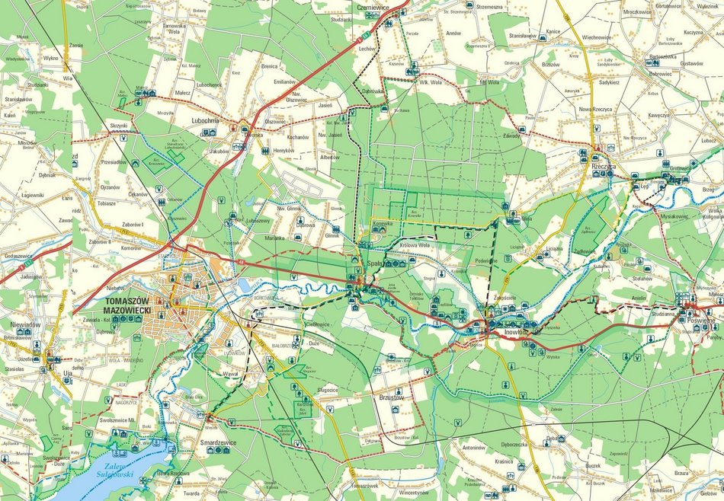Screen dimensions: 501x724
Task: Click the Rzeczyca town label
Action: (x=603, y=165)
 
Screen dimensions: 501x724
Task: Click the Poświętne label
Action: (x=700, y=321)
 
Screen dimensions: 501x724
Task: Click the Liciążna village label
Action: (x=554, y=249)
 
